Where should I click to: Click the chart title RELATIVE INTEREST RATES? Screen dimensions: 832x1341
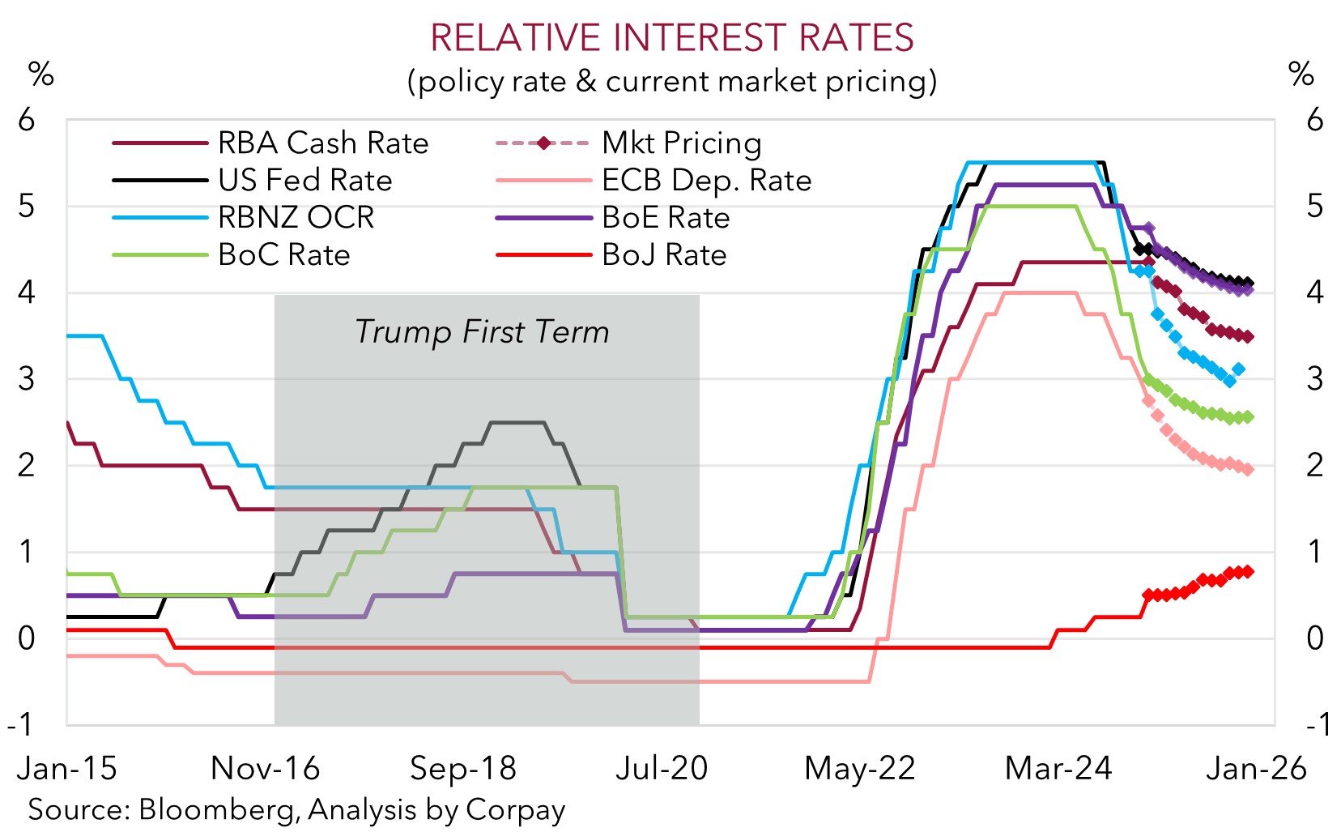(x=671, y=38)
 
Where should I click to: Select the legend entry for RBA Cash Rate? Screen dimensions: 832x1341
(x=322, y=143)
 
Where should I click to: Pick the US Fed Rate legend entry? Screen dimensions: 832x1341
(x=304, y=181)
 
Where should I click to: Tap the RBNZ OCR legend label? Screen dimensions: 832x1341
(x=296, y=218)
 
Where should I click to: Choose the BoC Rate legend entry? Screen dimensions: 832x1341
(x=284, y=255)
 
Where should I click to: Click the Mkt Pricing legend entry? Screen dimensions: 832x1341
(x=681, y=143)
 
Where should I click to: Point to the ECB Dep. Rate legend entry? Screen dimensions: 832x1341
(x=706, y=181)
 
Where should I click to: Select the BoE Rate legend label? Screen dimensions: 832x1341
(x=666, y=218)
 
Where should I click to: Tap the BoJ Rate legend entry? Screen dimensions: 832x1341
(x=664, y=255)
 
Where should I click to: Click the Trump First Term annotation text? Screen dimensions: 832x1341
(x=482, y=332)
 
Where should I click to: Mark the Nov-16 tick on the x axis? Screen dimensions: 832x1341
(x=266, y=768)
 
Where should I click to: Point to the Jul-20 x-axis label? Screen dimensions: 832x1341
(x=662, y=768)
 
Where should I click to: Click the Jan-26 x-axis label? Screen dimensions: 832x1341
(x=1256, y=768)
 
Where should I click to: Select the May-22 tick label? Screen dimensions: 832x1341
(x=859, y=768)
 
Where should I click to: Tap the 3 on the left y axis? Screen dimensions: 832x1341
(x=27, y=379)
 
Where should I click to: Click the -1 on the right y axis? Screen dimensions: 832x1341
(x=1317, y=724)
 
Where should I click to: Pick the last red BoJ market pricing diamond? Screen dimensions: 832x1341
(x=1248, y=572)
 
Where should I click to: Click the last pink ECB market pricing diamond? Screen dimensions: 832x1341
(x=1248, y=470)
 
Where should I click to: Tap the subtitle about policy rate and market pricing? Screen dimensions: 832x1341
(x=671, y=81)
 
